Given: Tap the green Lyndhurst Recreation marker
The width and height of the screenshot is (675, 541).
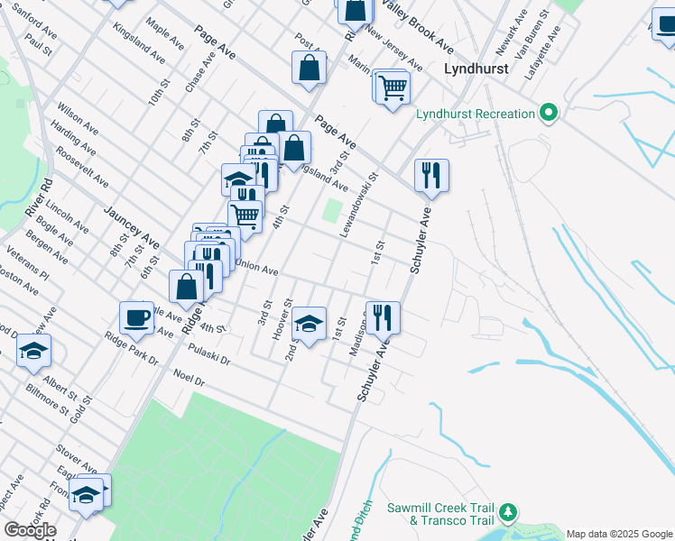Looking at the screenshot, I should (x=548, y=114).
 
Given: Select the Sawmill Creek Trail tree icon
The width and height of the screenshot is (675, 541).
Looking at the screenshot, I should (x=509, y=513).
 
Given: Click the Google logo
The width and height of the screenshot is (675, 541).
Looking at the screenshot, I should (x=30, y=530).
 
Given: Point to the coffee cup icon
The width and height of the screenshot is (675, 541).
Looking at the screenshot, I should (x=137, y=317).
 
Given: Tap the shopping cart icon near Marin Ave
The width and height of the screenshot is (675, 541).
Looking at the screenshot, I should (x=393, y=88).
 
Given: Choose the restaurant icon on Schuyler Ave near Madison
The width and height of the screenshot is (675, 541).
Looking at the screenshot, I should (x=383, y=316).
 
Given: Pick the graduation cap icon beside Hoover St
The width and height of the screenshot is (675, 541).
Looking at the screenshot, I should (x=309, y=324).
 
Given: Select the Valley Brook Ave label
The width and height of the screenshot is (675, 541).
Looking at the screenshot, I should (x=416, y=27).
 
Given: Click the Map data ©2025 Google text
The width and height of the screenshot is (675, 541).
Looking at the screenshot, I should (x=620, y=534).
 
